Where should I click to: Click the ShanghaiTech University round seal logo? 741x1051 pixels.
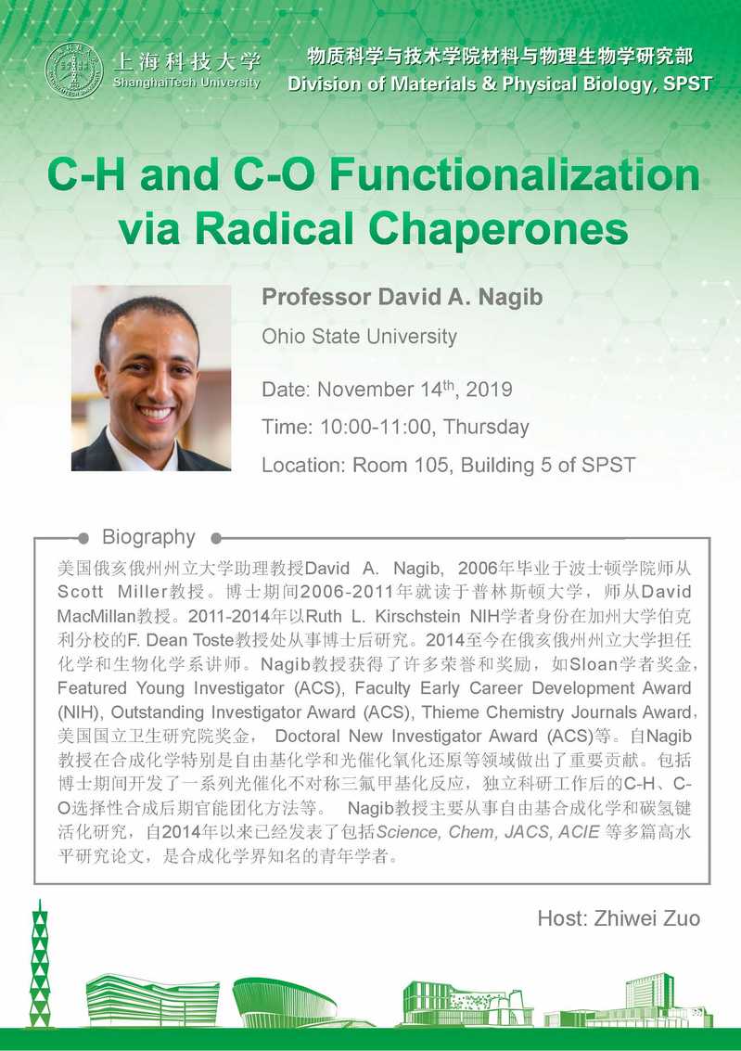coord(73,70)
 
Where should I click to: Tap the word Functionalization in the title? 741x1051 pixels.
coord(515,175)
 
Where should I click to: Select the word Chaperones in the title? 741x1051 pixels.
coord(498,228)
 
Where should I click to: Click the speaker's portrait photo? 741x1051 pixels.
coord(151,378)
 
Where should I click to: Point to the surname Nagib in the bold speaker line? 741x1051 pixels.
coord(510,297)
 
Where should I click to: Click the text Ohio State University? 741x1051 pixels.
coord(359,336)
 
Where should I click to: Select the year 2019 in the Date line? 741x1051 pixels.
coord(489,390)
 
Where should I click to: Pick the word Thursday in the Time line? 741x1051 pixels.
coord(486,427)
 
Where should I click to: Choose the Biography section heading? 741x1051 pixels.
coord(148,537)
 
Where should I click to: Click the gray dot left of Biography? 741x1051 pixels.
coord(83,538)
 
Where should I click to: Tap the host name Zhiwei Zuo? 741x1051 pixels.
coord(647,918)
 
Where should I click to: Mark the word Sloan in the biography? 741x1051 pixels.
coord(594,664)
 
